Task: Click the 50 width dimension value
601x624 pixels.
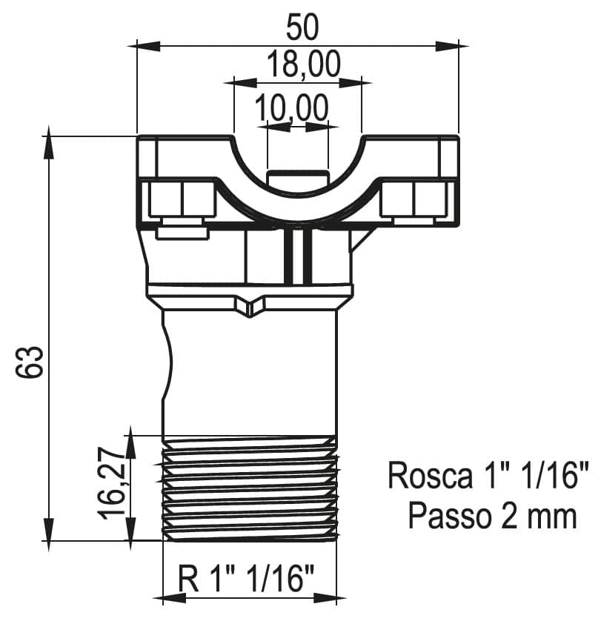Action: coord(302,27)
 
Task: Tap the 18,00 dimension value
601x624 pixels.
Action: coord(303,64)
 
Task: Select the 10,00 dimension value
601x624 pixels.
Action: coord(291,107)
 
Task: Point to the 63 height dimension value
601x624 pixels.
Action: coord(29,362)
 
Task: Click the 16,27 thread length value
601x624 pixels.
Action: coord(111,483)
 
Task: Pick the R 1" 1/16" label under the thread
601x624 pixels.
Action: coord(246,578)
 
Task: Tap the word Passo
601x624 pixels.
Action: coord(449,517)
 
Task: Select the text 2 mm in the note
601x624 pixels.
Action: coord(539,517)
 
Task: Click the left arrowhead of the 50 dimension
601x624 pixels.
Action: coord(148,46)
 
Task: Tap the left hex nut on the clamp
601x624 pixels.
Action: coord(182,199)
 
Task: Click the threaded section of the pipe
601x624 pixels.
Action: coord(250,488)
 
